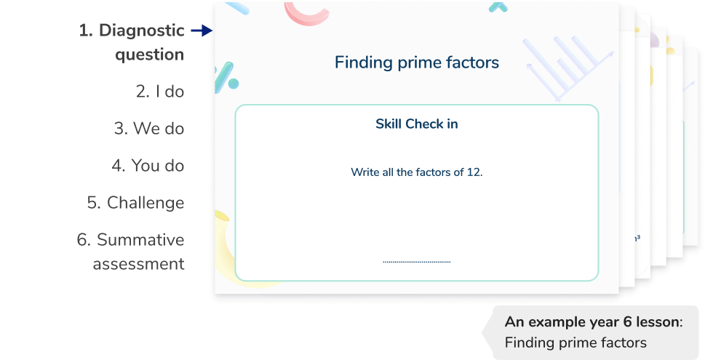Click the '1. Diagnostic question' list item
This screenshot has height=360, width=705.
pos(132,42)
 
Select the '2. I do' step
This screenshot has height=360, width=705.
pos(160,92)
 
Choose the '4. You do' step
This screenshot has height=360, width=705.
pos(148,166)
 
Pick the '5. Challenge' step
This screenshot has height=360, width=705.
pos(135,203)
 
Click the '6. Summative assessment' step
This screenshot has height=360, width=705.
pos(131,252)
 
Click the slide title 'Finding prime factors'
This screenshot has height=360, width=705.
pos(416,63)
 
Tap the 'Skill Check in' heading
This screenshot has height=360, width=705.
pos(416,124)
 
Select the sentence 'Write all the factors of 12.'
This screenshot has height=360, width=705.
pos(416,172)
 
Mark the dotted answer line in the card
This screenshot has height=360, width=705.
pos(416,262)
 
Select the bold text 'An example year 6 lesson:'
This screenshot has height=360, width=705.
pos(594,322)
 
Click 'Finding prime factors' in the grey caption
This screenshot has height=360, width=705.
pos(575,342)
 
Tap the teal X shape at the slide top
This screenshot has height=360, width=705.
pos(498,7)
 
